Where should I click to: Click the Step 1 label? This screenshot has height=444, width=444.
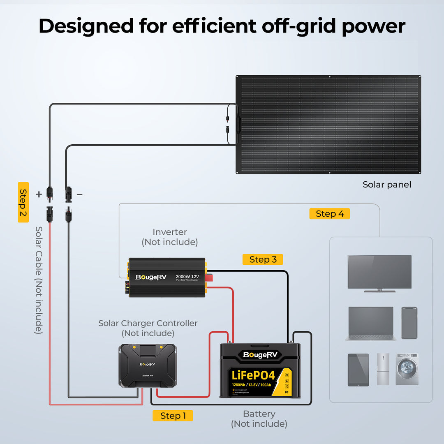tap(173, 416)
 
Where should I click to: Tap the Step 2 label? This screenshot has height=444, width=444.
tap(23, 202)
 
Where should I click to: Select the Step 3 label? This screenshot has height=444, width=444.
tap(263, 259)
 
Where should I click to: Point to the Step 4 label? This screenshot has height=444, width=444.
tap(329, 214)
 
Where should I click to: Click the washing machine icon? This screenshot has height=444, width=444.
tap(407, 369)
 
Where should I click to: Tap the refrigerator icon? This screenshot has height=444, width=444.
tap(383, 369)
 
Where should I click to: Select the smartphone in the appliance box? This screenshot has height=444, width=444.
tap(409, 323)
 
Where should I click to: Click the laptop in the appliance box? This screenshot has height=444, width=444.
tap(371, 324)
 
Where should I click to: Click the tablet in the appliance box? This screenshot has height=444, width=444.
tap(358, 370)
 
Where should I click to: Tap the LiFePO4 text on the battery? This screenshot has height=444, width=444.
tap(253, 375)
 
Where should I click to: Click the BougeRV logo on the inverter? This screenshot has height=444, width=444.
tap(151, 277)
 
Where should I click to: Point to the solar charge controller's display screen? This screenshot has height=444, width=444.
tap(148, 351)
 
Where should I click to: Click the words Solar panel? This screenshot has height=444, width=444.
tap(387, 185)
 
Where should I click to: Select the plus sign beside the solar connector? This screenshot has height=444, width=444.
tap(39, 194)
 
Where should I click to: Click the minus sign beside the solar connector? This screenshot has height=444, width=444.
tap(80, 194)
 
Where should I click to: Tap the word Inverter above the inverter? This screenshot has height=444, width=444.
tap(170, 232)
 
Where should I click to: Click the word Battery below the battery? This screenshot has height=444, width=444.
tap(259, 414)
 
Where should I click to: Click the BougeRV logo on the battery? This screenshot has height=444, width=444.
tap(260, 354)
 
